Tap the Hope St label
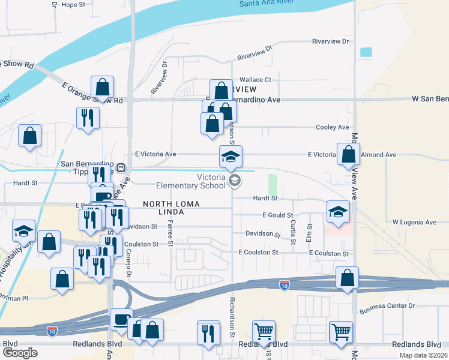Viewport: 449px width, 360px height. [74, 4]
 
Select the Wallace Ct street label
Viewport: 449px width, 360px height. [256, 79]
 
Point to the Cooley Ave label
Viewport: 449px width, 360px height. [333, 127]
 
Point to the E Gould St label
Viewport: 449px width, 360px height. [278, 215]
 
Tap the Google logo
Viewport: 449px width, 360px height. [20, 352]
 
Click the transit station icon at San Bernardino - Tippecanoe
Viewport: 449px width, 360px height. [121, 167]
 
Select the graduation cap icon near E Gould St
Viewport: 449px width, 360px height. [338, 212]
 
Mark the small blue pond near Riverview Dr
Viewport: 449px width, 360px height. [366, 52]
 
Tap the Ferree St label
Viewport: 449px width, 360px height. [170, 233]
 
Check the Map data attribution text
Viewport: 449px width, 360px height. [423, 355]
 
